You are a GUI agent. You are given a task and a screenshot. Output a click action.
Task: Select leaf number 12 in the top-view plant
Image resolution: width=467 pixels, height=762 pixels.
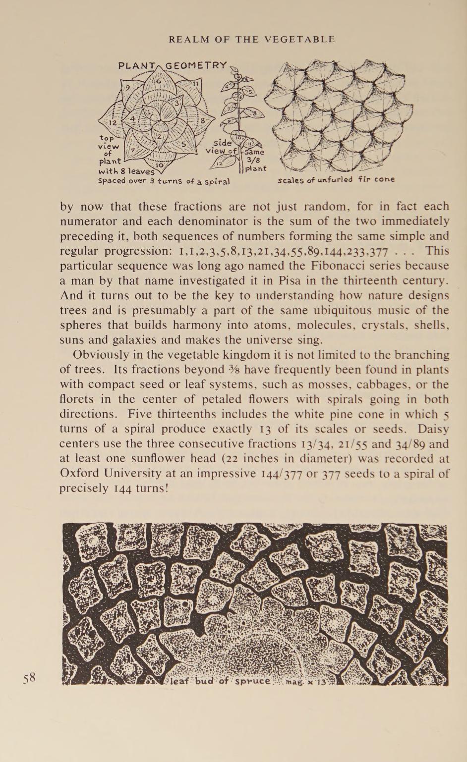(x=113, y=122)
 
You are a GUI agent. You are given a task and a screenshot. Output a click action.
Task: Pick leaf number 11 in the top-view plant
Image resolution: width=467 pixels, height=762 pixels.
(x=195, y=84)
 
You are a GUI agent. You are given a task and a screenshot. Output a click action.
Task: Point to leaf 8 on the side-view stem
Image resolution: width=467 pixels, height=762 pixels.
(x=255, y=113)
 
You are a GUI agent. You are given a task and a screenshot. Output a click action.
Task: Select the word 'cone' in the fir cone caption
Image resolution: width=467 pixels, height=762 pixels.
(x=385, y=179)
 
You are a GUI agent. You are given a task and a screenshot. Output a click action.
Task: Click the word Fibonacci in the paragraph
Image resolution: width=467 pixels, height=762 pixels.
(x=356, y=266)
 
